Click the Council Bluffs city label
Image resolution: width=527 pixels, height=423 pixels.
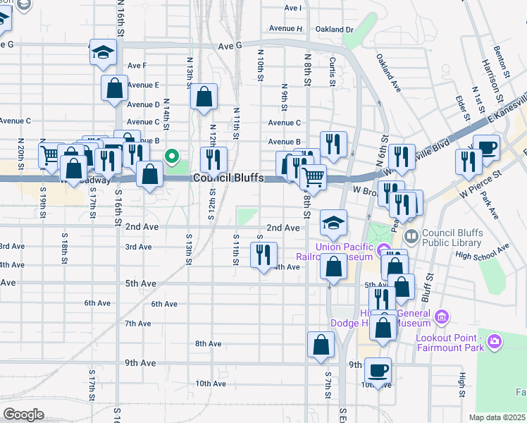click(x=227, y=178)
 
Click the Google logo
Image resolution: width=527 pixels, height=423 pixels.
click(x=24, y=415)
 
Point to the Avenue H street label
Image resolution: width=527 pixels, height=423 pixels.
click(x=285, y=29)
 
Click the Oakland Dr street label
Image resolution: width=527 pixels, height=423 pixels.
click(x=334, y=30)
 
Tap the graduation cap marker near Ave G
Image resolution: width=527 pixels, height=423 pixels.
click(x=103, y=53)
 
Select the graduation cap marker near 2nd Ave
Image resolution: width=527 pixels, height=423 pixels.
click(x=334, y=223)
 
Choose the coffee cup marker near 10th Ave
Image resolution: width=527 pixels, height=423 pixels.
click(x=378, y=370)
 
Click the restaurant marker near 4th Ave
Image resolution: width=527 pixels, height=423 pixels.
click(x=264, y=255)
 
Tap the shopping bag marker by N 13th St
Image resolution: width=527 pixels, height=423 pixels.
click(x=204, y=98)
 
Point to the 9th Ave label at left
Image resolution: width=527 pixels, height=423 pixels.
click(x=140, y=363)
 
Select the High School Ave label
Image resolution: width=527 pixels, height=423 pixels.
click(x=482, y=252)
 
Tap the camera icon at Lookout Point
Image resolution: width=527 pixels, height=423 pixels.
click(x=495, y=341)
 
